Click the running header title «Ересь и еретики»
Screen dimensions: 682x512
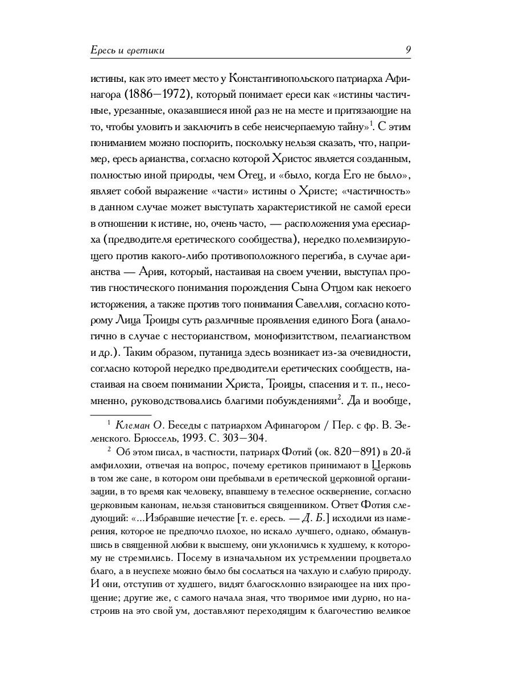click(127, 51)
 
